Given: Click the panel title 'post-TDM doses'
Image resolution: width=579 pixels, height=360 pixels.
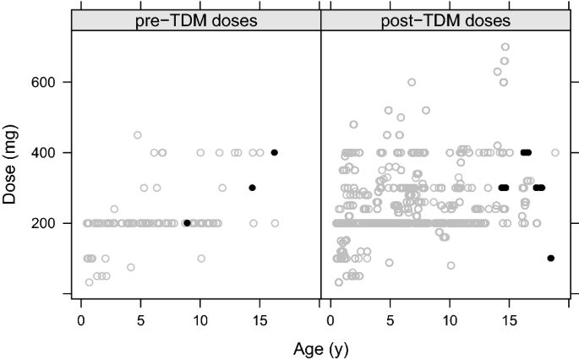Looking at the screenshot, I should (448, 19).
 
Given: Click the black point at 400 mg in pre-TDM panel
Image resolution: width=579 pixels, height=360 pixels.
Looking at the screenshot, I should (275, 153).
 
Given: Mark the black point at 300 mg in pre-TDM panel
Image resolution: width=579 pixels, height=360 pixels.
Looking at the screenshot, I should (252, 188).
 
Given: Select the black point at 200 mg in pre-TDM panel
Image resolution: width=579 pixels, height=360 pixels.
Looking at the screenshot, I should (187, 223).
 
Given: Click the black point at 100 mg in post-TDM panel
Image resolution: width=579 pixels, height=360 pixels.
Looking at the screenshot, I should (551, 259).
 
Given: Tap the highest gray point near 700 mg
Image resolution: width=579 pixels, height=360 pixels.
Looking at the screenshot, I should (505, 47).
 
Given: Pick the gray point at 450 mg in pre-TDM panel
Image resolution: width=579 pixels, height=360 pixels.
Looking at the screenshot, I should (137, 135).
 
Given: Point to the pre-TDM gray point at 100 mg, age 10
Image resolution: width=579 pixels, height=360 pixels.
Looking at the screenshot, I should (201, 259).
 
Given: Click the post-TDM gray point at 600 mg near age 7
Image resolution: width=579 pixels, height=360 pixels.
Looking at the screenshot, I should (412, 83).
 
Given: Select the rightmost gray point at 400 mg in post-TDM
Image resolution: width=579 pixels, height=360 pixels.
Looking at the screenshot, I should (555, 153).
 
